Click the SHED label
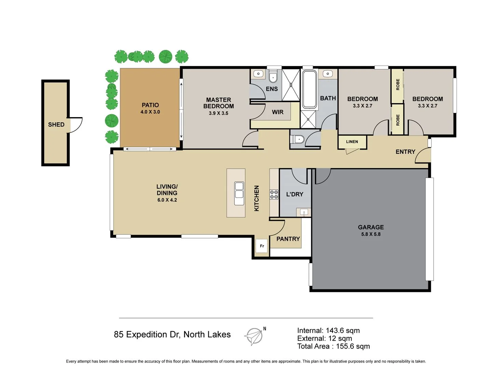pyautogui.click(x=56, y=125)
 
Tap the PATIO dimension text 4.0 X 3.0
pyautogui.click(x=150, y=112)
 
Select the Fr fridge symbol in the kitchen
pyautogui.click(x=262, y=246)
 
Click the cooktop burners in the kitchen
pyautogui.click(x=274, y=194)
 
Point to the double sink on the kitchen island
pyautogui.click(x=239, y=194)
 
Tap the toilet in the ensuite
pyautogui.click(x=273, y=77)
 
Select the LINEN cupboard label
pyautogui.click(x=352, y=142)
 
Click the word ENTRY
pyautogui.click(x=405, y=152)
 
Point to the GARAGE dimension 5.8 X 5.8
pyautogui.click(x=371, y=234)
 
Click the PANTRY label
pyautogui.click(x=288, y=239)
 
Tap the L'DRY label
pyautogui.click(x=295, y=194)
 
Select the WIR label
pyautogui.click(x=277, y=112)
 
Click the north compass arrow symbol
pyautogui.click(x=254, y=336)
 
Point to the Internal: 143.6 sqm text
pyautogui.click(x=328, y=330)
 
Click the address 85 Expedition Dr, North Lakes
pyautogui.click(x=172, y=334)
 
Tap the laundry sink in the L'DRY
pyautogui.click(x=304, y=212)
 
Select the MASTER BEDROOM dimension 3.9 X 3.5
pyautogui.click(x=218, y=113)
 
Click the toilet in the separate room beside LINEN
pyautogui.click(x=298, y=139)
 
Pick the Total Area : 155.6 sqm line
pyautogui.click(x=333, y=346)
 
